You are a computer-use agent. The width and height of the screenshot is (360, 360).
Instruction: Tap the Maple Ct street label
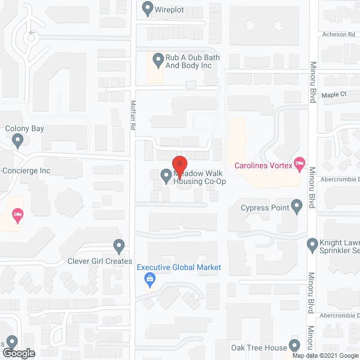334,94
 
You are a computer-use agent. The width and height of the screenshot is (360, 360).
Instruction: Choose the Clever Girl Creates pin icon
119,246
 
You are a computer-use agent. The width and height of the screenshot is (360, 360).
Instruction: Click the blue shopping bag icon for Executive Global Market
150,278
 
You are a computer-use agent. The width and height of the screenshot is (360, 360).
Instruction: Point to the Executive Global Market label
179,268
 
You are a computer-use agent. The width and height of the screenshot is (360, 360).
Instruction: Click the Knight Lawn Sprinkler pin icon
313,245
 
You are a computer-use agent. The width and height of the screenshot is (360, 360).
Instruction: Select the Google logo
18,353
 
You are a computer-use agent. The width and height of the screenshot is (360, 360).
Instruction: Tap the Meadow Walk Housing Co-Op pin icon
166,177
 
